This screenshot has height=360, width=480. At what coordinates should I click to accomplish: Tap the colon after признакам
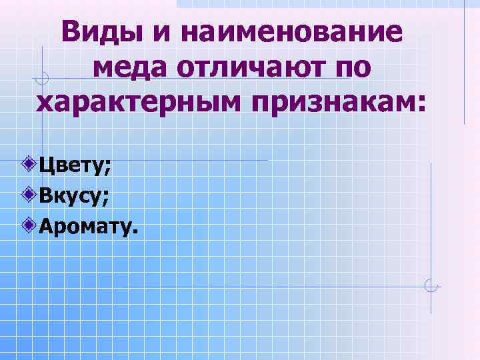(420, 104)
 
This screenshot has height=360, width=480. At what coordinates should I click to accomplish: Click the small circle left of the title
(42, 80)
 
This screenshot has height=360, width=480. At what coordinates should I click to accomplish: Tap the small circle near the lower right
(431, 287)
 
